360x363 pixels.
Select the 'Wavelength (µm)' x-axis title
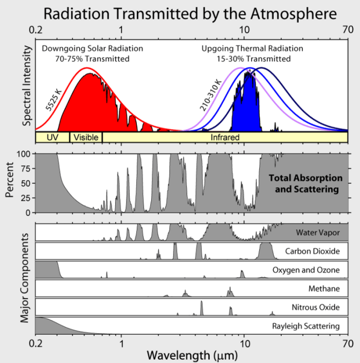(191, 354)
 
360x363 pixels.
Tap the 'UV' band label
(52, 138)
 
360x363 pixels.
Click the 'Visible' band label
(86, 138)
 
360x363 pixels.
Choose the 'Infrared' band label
(225, 138)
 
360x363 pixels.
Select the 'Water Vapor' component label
(317, 232)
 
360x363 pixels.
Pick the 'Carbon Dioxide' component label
(312, 251)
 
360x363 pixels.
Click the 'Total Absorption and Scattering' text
(306, 184)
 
